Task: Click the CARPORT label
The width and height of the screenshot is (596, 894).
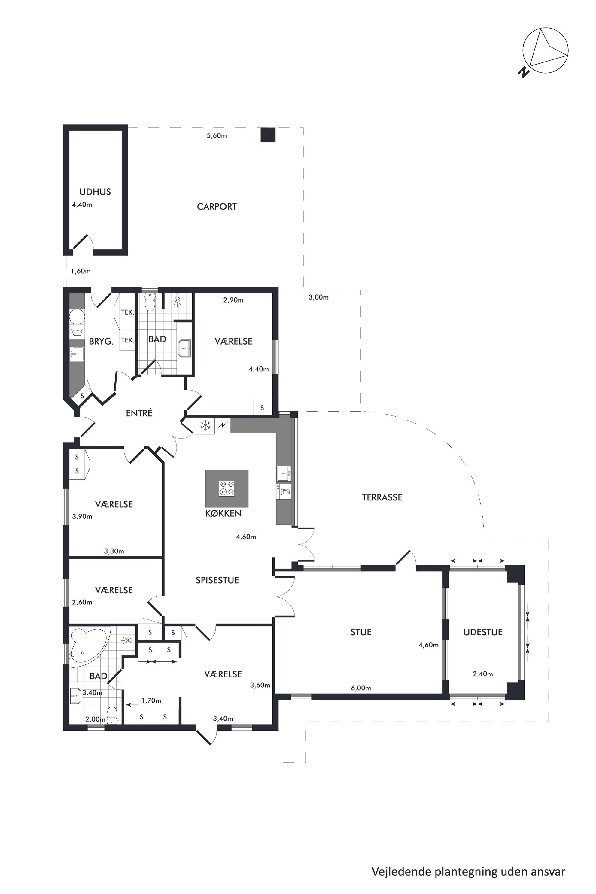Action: coord(217,207)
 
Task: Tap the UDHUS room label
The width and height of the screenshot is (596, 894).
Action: coord(95,192)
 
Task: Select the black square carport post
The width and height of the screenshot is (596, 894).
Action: coord(268,135)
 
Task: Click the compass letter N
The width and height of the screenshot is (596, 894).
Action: coord(524,72)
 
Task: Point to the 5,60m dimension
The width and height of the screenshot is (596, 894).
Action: coord(217,136)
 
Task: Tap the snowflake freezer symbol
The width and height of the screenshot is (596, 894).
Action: coord(206,425)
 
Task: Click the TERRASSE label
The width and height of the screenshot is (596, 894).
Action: coord(382,497)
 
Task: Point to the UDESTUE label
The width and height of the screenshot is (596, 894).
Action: coord(483,632)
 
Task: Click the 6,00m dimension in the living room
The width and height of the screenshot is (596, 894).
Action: coord(361,688)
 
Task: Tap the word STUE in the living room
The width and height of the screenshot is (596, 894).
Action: coord(361,632)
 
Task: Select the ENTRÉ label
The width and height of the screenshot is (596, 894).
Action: coord(139,413)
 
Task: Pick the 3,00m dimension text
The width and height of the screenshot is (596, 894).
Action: coord(318,297)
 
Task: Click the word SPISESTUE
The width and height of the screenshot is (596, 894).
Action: coord(217,580)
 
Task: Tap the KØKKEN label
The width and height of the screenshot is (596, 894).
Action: coord(223,513)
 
